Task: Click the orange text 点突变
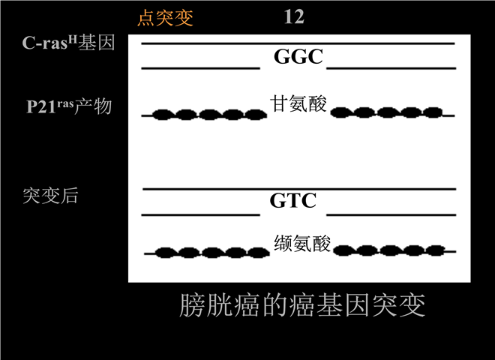point(165,17)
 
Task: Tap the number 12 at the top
point(294,16)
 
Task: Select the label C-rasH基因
point(68,42)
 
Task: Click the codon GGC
point(298,56)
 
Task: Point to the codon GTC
point(293,200)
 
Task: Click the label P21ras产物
point(69,106)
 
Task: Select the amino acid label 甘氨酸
point(298,103)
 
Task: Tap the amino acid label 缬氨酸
point(302,243)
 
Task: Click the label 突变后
point(50,196)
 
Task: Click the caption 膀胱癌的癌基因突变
point(302,305)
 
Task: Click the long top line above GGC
point(298,43)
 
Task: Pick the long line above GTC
point(299,189)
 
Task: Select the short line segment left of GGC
point(201,68)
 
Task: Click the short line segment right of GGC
point(391,68)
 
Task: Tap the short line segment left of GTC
point(201,215)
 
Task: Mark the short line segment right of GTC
point(391,215)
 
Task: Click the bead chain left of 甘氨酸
point(204,115)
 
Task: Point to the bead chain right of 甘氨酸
point(392,112)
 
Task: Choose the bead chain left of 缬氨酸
point(207,253)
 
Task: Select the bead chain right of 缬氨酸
point(394,250)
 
